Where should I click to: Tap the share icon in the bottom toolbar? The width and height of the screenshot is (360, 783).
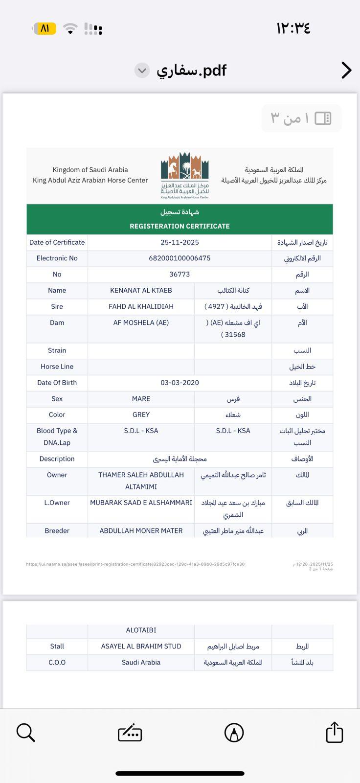pos(335,733)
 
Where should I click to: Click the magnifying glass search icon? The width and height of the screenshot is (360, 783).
pos(25,733)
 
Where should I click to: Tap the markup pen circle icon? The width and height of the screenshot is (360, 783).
pos(234,733)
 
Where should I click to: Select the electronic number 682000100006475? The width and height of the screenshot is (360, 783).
pos(180,258)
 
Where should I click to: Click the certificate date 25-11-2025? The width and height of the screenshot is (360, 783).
pos(180,242)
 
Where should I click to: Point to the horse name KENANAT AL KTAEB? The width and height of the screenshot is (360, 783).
pos(141,291)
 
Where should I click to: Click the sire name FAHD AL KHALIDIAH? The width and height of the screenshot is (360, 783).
pos(141,307)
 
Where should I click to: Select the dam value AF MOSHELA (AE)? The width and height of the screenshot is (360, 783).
pos(141,323)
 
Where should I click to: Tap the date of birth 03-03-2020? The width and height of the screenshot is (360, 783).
pos(180,383)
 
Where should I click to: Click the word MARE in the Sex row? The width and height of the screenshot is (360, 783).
pos(141,399)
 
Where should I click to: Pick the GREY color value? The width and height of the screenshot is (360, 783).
pos(141,415)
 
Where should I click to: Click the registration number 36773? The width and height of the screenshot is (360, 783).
pos(180,275)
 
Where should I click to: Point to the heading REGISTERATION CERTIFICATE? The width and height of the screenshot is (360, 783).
pos(180,226)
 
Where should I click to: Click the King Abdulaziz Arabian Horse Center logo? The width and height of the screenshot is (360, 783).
pos(185,175)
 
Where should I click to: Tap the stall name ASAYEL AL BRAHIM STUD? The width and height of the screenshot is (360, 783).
pos(141,646)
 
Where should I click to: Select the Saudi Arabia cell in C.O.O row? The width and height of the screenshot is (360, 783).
pos(141,663)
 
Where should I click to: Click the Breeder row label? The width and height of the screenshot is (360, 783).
pos(57,531)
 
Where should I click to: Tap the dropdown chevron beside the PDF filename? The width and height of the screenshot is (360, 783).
pos(142,70)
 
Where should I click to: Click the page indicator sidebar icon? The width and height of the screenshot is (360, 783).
pos(323,118)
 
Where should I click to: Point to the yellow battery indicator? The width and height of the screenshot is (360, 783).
pos(44,28)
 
